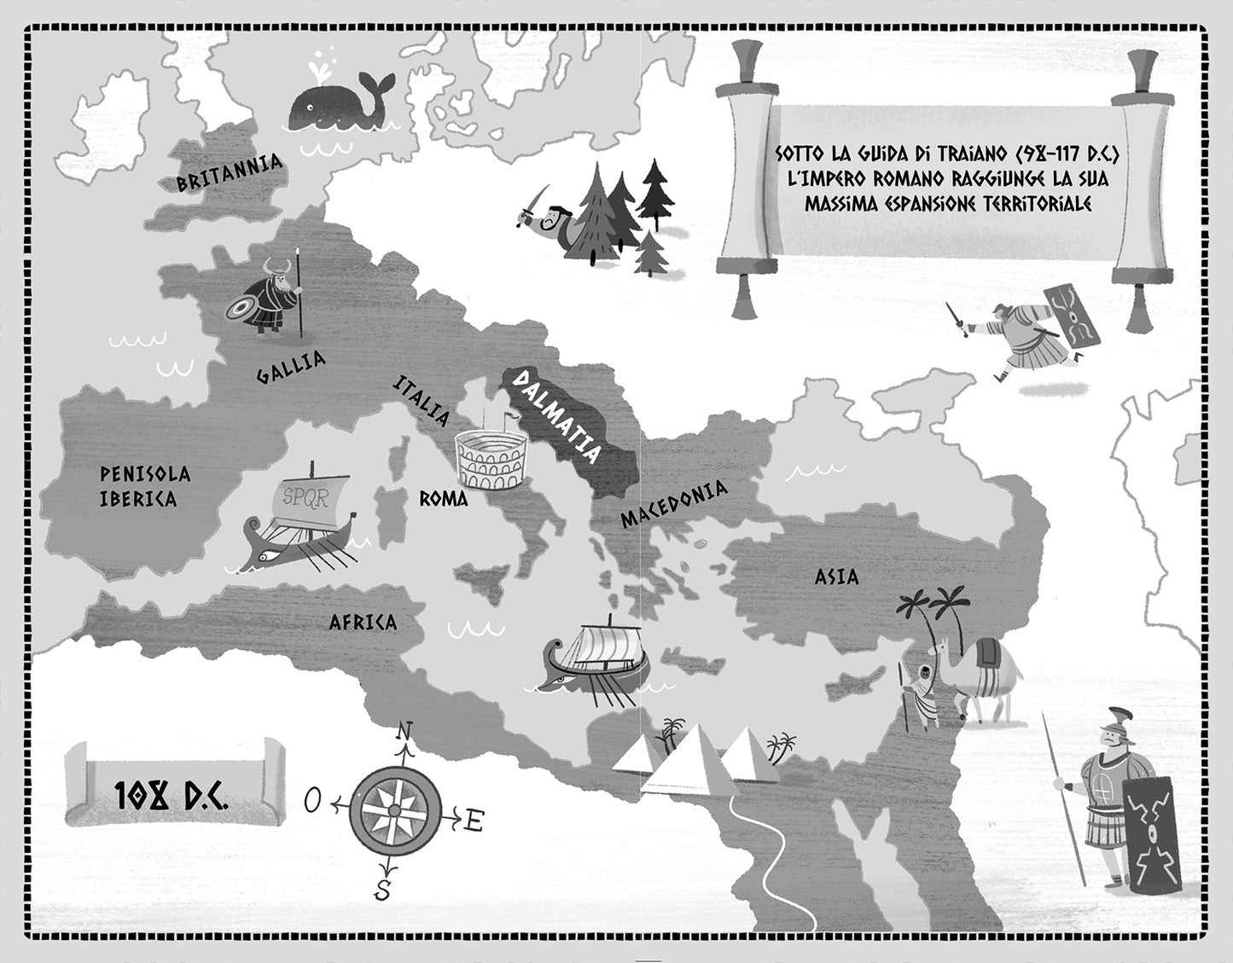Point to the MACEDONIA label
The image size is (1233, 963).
pyautogui.click(x=673, y=504)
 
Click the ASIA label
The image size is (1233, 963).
pyautogui.click(x=836, y=577)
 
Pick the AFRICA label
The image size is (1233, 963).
pyautogui.click(x=363, y=623)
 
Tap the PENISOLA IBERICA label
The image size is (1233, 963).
pyautogui.click(x=144, y=487)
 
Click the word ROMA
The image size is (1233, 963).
pyautogui.click(x=443, y=499)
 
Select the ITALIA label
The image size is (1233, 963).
pyautogui.click(x=421, y=401)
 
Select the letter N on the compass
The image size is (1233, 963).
pyautogui.click(x=404, y=732)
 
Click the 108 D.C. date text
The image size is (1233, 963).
pyautogui.click(x=170, y=795)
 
